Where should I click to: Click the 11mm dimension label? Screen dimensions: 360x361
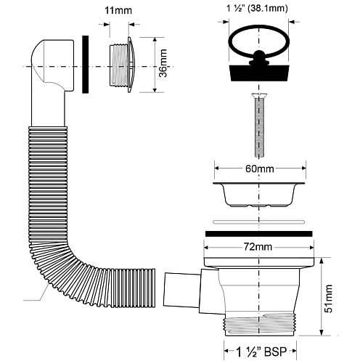point(118,10)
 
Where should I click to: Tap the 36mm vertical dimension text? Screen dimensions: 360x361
point(163,63)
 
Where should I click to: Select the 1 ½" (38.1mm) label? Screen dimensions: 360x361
point(257,9)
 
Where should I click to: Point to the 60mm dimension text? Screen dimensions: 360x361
point(260,169)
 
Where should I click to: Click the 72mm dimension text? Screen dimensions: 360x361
point(258,247)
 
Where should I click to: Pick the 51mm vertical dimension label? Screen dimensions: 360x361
point(328,299)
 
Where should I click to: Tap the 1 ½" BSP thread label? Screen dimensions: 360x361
point(261,352)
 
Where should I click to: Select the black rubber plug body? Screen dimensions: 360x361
point(259,73)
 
